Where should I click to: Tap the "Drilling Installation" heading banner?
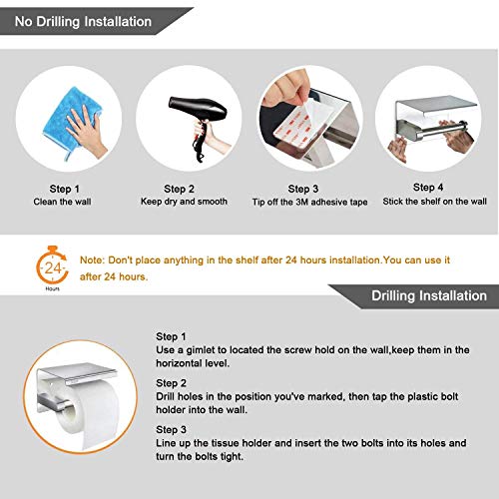428,296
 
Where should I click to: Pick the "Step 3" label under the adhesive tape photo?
304,187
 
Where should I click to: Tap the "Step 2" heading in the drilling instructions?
174,382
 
